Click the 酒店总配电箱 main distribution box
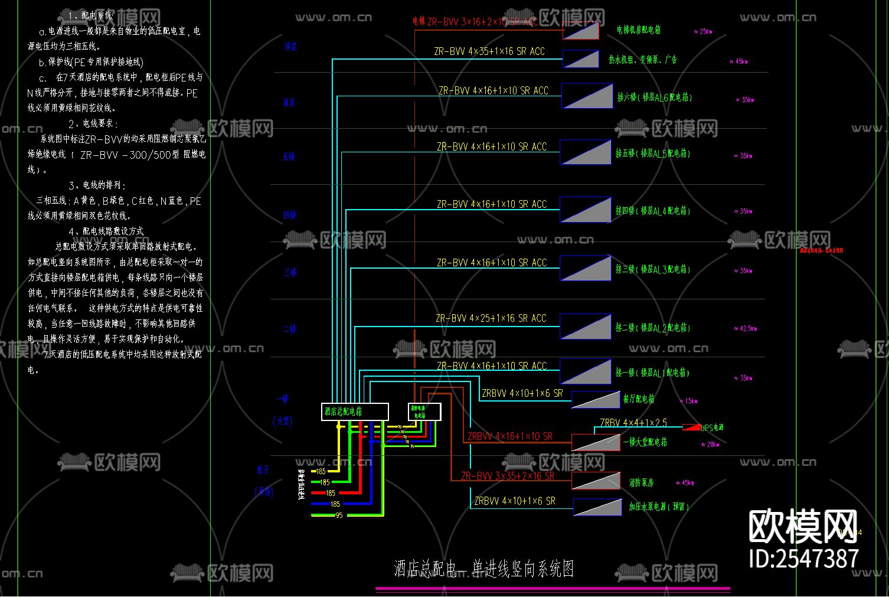355,412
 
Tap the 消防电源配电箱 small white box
424,412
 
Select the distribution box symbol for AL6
587,96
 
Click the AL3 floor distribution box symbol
586,268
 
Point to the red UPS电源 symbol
691,427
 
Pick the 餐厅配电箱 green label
639,399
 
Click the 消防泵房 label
641,482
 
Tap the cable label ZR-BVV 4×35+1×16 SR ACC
489,51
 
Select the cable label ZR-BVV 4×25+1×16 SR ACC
491,318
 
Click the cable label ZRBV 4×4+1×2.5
633,422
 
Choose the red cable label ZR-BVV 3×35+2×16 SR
508,476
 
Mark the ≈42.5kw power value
745,328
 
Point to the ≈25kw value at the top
703,31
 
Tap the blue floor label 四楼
289,216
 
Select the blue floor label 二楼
289,329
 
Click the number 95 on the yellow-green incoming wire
339,516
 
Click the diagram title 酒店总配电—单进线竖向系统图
483,569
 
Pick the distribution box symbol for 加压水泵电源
597,507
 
